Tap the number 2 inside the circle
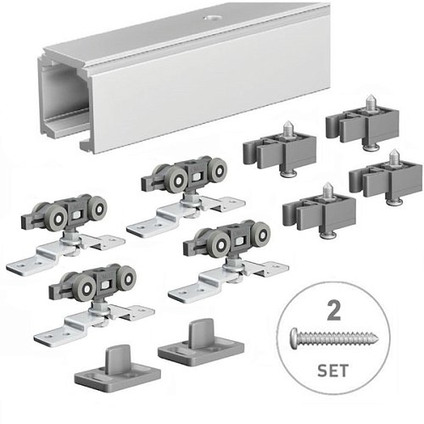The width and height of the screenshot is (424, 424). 333,310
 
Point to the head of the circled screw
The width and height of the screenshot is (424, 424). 295,335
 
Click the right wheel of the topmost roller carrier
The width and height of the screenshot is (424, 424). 219,170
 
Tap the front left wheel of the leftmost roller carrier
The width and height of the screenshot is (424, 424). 58,218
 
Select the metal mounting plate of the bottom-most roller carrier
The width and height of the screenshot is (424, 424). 94,324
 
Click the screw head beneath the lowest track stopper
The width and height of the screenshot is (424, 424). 327,235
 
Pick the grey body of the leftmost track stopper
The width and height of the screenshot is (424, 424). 279,152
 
